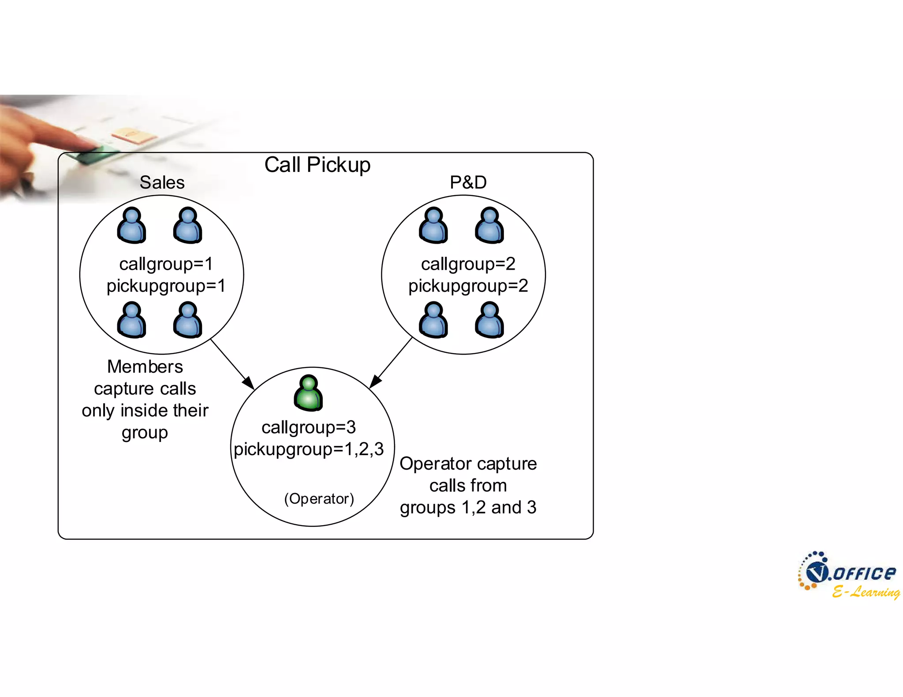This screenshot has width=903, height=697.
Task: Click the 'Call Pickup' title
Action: point(317,165)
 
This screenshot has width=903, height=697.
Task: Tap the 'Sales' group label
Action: point(162,182)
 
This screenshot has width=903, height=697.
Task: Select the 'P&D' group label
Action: point(468,182)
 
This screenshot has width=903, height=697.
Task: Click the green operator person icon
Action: point(308,393)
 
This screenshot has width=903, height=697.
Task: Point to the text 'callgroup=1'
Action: point(166,264)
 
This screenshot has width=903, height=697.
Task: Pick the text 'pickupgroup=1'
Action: point(166,286)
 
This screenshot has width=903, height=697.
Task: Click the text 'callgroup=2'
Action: point(468,264)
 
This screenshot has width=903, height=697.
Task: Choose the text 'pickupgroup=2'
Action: point(468,286)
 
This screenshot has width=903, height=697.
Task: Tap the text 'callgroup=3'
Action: point(309,427)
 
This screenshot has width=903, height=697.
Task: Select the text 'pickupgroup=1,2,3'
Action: point(309,449)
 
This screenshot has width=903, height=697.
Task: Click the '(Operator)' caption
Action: point(319,499)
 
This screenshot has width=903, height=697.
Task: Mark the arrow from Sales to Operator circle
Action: point(232,364)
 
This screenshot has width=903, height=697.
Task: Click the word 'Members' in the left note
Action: point(145,367)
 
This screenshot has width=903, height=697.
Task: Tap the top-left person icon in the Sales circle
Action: point(131,226)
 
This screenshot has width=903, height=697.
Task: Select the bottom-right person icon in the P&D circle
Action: point(489,320)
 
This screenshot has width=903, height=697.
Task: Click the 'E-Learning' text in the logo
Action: point(866,592)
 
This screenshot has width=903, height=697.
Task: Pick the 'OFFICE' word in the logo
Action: point(864,573)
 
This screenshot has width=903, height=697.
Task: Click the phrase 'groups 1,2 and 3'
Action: point(468,508)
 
